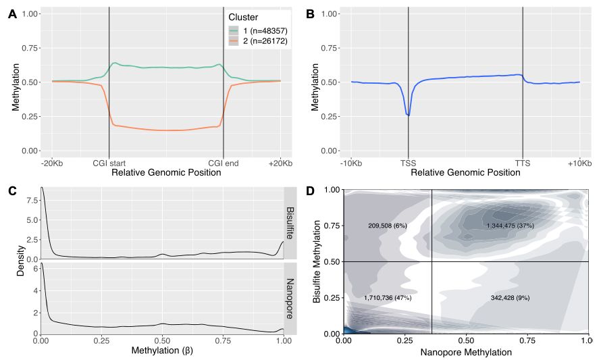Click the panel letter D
[311, 192]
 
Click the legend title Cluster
[242, 18]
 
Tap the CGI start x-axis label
[109, 163]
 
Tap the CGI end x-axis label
[223, 163]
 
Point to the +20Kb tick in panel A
[280, 163]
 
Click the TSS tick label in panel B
[408, 163]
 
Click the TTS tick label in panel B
[522, 163]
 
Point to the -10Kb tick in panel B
[351, 163]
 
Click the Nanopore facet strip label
[290, 297]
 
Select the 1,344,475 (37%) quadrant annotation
[510, 226]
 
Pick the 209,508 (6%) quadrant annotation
[387, 226]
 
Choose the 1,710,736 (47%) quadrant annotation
[387, 297]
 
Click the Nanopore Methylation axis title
[465, 353]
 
